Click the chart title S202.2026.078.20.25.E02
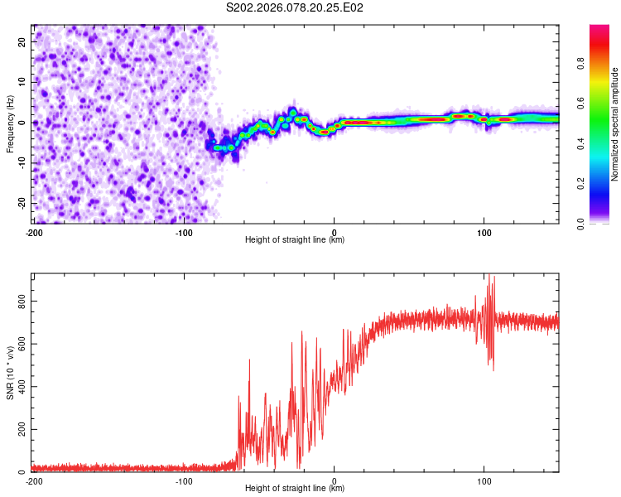tap(295, 7)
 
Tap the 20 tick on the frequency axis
tap(22, 41)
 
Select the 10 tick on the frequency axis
tap(22, 81)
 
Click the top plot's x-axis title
tap(295, 240)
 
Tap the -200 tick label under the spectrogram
tap(34, 232)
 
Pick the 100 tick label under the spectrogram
tap(484, 232)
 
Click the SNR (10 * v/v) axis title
tap(10, 373)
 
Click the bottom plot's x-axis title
tap(295, 489)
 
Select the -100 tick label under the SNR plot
tap(184, 480)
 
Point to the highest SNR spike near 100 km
tap(489, 275)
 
